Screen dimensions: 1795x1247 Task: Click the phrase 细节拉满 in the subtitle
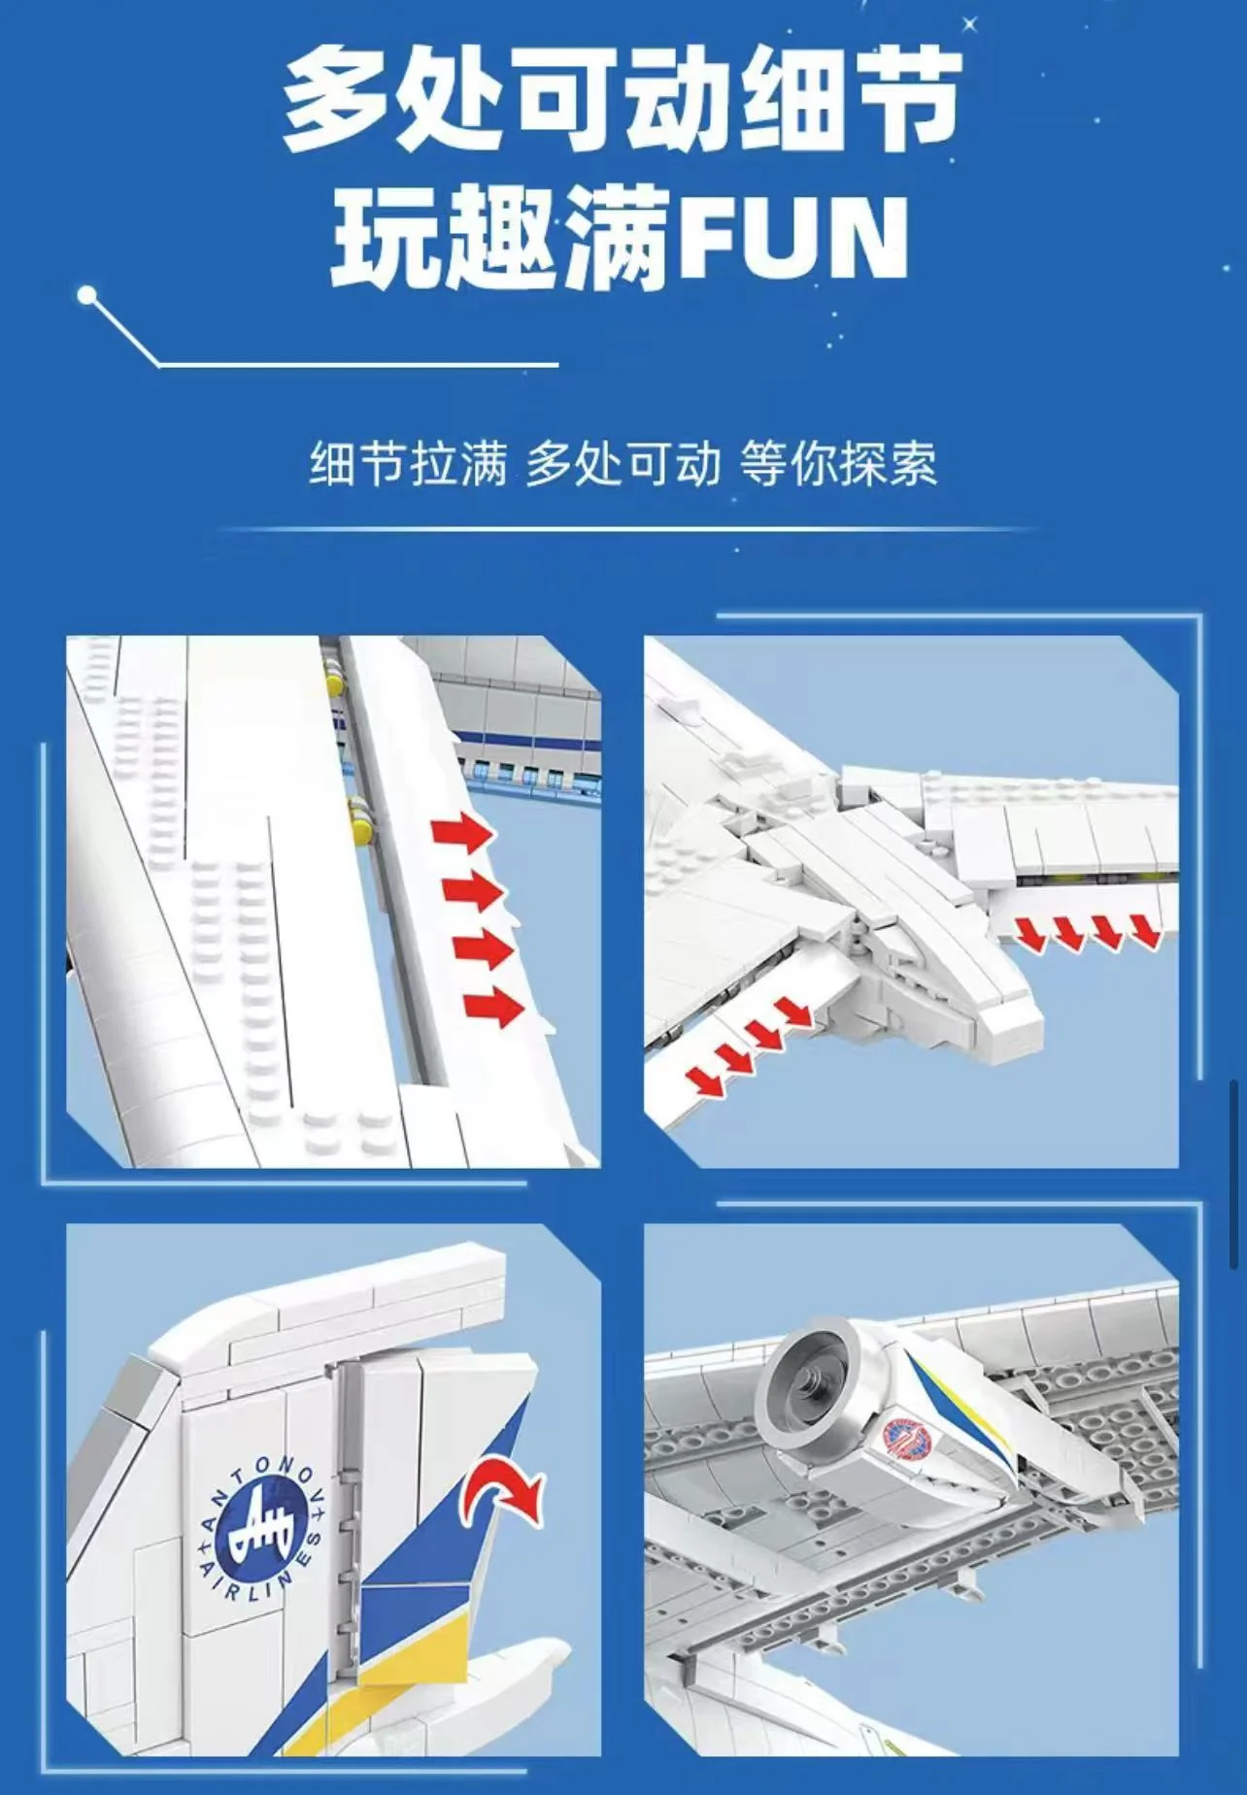408,463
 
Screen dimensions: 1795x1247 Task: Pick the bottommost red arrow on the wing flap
494,1008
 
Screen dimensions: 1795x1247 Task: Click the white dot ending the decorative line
88,294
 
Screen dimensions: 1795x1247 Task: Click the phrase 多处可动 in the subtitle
623,463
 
